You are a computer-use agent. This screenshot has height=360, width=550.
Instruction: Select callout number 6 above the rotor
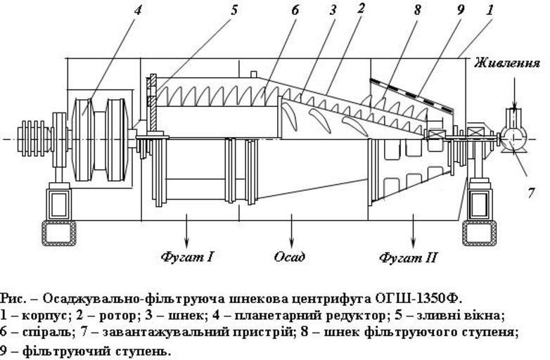[295, 11]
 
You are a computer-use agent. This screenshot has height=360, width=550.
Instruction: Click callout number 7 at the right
[530, 192]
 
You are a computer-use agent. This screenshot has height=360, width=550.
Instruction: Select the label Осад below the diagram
[290, 257]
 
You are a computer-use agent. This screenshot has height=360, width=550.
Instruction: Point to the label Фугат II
[409, 257]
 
